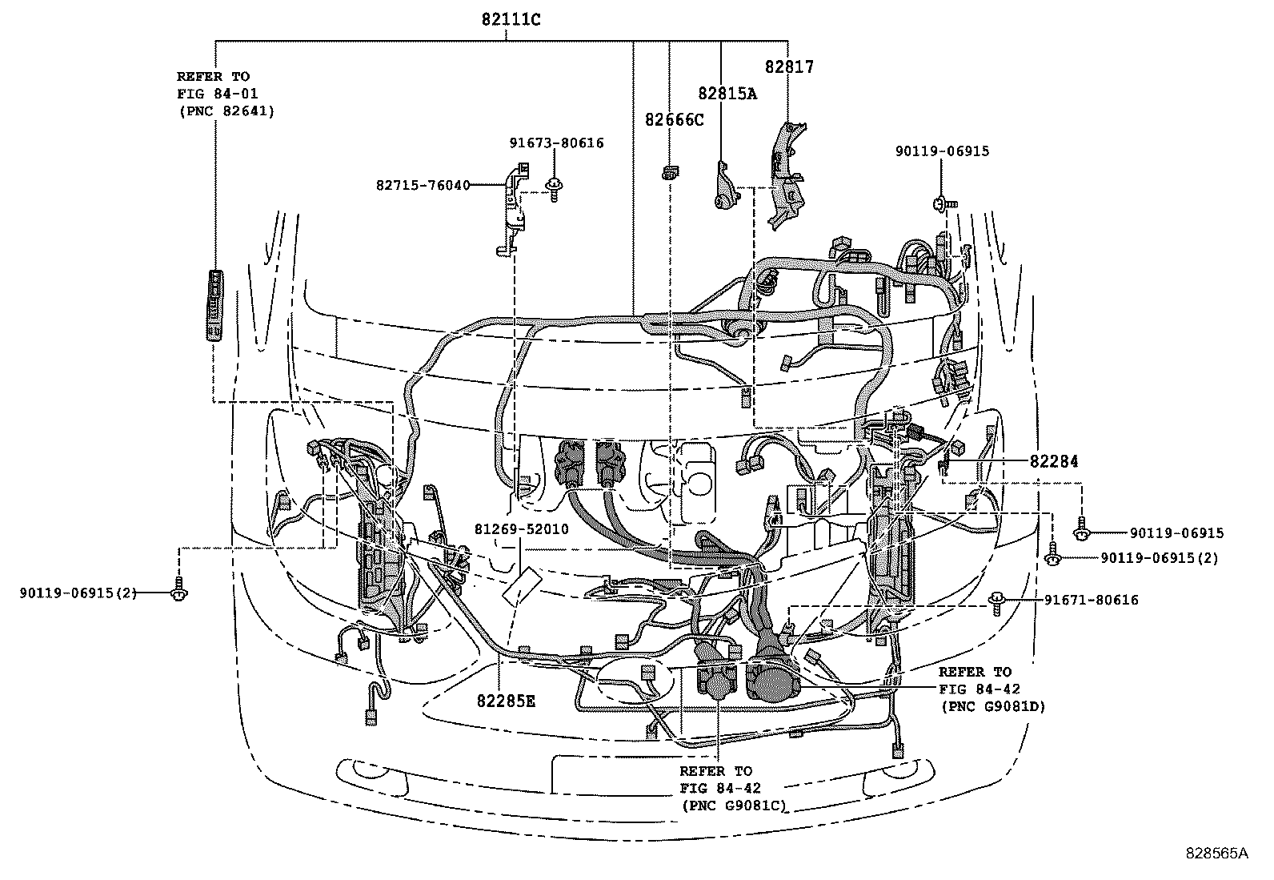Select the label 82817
(x=789, y=67)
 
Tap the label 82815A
(x=727, y=93)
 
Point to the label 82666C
(x=675, y=120)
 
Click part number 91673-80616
(x=556, y=143)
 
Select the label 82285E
(x=506, y=701)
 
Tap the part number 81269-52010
(x=521, y=529)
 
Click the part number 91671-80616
(x=1091, y=600)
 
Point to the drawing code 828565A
(x=1216, y=854)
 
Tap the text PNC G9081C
(x=733, y=806)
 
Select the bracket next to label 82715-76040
(x=512, y=208)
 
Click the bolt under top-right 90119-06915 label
(x=942, y=204)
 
